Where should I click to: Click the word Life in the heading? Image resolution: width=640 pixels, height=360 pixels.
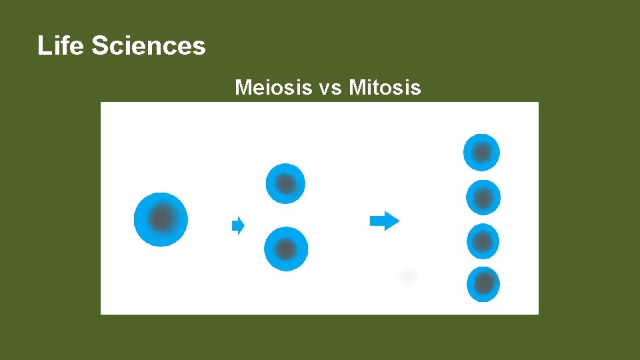coord(61,46)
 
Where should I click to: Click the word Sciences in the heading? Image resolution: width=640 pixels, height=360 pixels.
coord(148,46)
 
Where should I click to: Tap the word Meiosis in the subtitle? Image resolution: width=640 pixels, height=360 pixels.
coord(273,87)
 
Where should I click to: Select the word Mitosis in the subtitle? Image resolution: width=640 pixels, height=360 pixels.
coord(385,87)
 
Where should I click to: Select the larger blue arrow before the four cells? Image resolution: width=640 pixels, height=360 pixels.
coord(385,220)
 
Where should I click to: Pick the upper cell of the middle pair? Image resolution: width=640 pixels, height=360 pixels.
coord(285,183)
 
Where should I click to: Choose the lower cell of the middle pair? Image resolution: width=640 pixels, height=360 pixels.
coord(286,249)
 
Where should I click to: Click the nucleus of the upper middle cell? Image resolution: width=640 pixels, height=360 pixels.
coord(286,183)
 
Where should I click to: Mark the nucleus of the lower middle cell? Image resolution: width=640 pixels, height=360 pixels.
coord(287,249)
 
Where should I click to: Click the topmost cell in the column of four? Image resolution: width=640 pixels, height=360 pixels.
coord(481,153)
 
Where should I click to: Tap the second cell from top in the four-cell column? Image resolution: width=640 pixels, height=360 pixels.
coord(482,197)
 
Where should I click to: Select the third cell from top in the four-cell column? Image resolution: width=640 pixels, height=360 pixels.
coord(483,241)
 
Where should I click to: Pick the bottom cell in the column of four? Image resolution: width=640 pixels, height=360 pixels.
coord(483,284)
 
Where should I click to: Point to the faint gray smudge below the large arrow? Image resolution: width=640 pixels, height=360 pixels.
coord(407,276)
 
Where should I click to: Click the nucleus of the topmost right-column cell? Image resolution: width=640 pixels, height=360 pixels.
coord(482,153)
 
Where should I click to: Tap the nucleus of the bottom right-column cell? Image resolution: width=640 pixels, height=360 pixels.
coord(485,285)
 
